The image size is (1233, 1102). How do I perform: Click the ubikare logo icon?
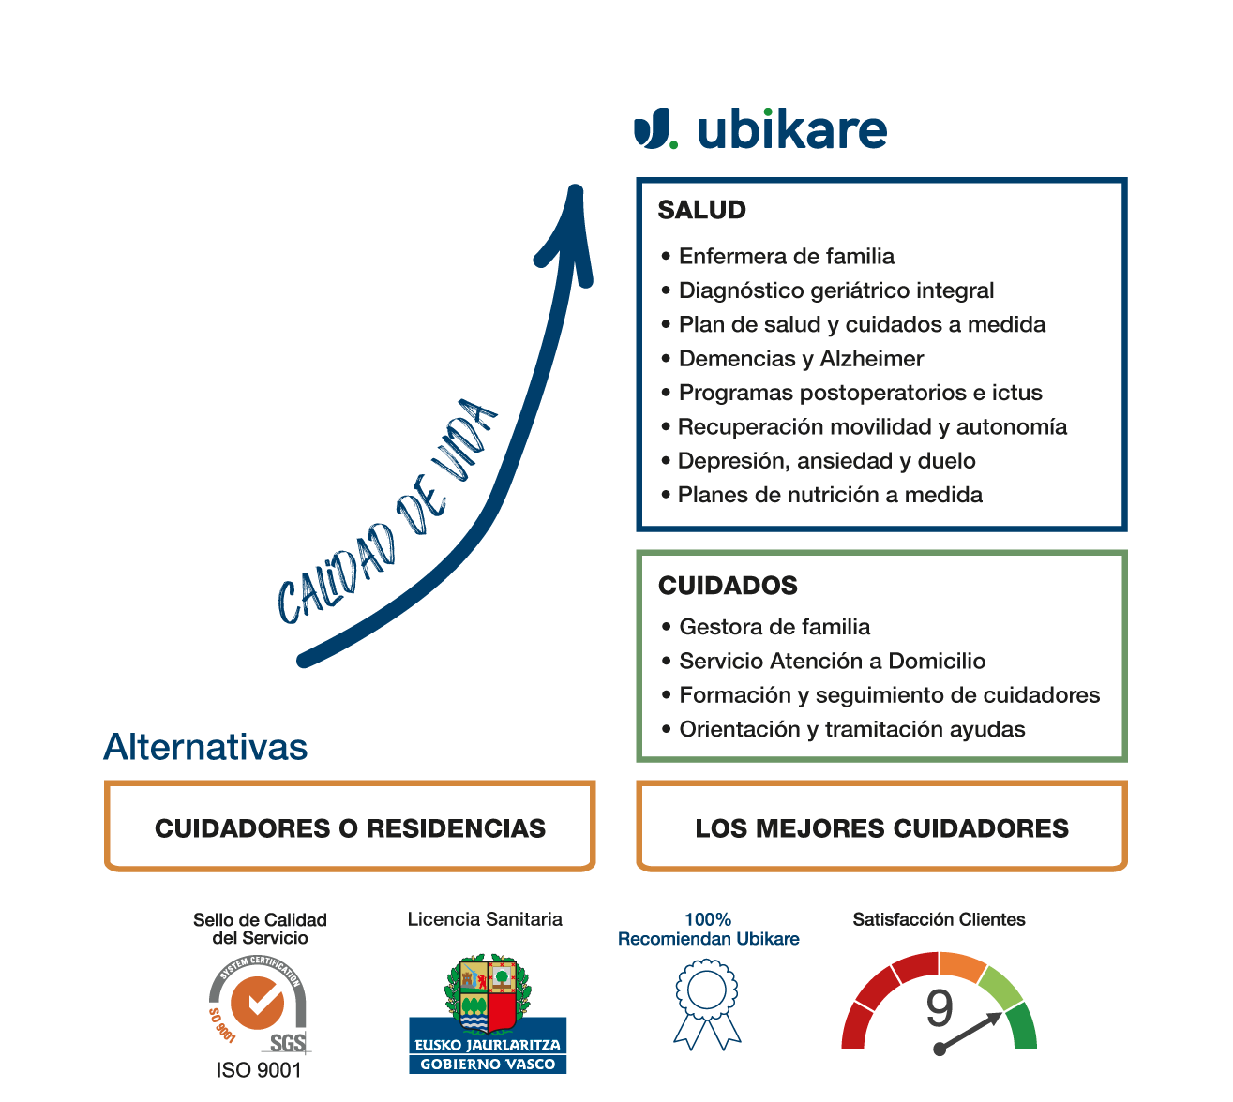pos(654,128)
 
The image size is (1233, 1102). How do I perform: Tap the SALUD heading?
pos(701,210)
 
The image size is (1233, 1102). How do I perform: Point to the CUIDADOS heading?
pos(728,585)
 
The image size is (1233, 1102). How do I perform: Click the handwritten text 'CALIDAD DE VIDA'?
pos(387,510)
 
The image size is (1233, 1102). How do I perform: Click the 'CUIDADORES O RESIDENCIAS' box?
pos(350,826)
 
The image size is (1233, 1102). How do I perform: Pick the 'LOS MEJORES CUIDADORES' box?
pos(881,826)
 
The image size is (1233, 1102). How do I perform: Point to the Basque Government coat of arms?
pos(488,993)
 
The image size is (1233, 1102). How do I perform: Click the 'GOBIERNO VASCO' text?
pos(488,1064)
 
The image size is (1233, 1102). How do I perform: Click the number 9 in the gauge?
pos(940,1007)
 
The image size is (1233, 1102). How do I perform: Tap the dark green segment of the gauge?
pos(1022,1025)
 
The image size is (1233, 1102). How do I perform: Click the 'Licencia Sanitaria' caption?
pos(485,919)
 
